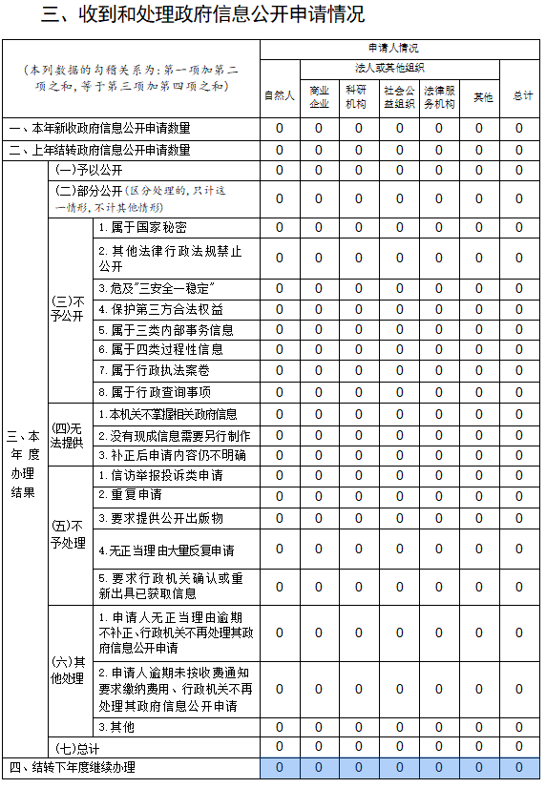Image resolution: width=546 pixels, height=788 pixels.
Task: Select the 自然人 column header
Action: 279,95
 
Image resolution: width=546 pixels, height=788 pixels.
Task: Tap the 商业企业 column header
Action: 319,95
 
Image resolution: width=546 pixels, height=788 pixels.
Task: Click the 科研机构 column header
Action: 359,95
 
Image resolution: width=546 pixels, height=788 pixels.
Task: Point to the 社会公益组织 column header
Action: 399,95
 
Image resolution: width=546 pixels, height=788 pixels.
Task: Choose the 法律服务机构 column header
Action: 439,95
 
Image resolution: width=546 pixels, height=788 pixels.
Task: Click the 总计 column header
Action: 520,95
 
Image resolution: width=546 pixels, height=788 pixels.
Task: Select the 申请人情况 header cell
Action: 399,47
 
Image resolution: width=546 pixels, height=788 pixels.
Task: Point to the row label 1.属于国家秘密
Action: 142,227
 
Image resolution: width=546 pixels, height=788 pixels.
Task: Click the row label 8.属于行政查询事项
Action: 154,391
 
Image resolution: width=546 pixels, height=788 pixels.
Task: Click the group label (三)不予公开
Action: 70,308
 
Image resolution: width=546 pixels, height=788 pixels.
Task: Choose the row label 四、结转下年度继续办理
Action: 73,767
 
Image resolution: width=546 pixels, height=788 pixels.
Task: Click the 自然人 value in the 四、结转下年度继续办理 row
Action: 279,767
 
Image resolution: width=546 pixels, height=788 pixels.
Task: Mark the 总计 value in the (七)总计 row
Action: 520,746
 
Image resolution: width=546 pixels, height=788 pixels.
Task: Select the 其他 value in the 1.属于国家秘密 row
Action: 479,227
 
